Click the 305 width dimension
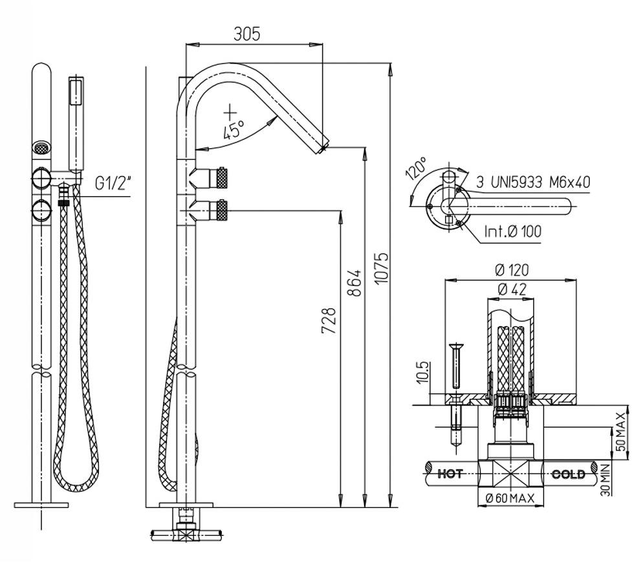(x=246, y=34)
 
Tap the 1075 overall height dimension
(x=382, y=272)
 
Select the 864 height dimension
(x=355, y=283)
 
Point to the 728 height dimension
(x=329, y=320)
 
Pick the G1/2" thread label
(x=113, y=182)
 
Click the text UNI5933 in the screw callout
(x=515, y=182)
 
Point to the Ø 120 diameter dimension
(x=511, y=270)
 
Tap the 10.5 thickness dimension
(x=423, y=373)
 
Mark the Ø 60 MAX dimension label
(x=510, y=498)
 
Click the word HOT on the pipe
(x=450, y=474)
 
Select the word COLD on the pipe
(x=568, y=474)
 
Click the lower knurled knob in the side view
(x=223, y=209)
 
